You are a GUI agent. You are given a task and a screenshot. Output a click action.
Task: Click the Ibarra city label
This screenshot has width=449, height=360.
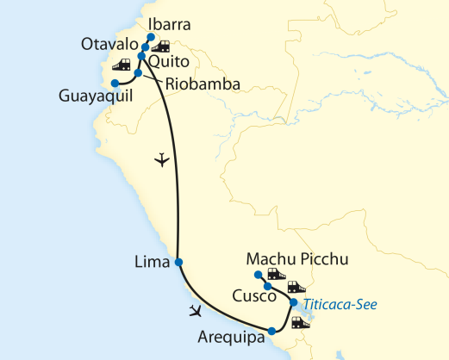point(169,24)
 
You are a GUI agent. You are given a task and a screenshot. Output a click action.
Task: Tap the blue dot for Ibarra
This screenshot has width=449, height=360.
point(151,37)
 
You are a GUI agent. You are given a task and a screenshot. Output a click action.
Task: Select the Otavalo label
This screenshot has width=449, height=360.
point(109,44)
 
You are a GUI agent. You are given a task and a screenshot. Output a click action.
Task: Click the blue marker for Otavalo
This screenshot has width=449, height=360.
point(146,47)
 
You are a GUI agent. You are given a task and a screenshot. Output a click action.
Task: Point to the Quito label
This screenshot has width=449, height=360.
point(169,62)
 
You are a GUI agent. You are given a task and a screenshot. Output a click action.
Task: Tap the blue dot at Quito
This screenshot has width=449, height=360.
point(141,56)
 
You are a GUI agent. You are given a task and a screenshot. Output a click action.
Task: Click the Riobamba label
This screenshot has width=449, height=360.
point(203,84)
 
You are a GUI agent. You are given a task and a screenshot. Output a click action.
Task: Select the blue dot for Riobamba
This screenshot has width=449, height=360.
point(138,73)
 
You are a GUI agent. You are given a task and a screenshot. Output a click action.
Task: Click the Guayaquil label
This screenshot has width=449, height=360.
point(96,96)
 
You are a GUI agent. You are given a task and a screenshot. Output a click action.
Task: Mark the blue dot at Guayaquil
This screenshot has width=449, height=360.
point(115,84)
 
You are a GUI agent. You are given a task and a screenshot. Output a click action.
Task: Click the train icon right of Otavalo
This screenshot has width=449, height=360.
point(160,47)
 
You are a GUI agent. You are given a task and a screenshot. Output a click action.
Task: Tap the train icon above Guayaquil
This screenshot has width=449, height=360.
point(122,65)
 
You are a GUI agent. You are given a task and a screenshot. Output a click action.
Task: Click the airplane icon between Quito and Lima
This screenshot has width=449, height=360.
point(162,159)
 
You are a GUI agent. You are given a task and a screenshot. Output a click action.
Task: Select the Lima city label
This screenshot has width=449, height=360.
point(153,262)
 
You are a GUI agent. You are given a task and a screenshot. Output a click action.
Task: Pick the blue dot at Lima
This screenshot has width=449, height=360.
point(178,262)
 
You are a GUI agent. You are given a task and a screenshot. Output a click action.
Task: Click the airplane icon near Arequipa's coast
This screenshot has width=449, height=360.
point(196,311)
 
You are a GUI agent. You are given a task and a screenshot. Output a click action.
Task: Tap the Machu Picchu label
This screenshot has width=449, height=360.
point(297,259)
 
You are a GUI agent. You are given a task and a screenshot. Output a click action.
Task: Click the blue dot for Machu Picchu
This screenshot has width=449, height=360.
point(259,275)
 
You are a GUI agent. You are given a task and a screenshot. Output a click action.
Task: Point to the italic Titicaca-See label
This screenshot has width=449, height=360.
point(340,304)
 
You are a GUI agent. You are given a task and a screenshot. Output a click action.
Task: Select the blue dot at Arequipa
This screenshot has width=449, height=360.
point(271,331)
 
